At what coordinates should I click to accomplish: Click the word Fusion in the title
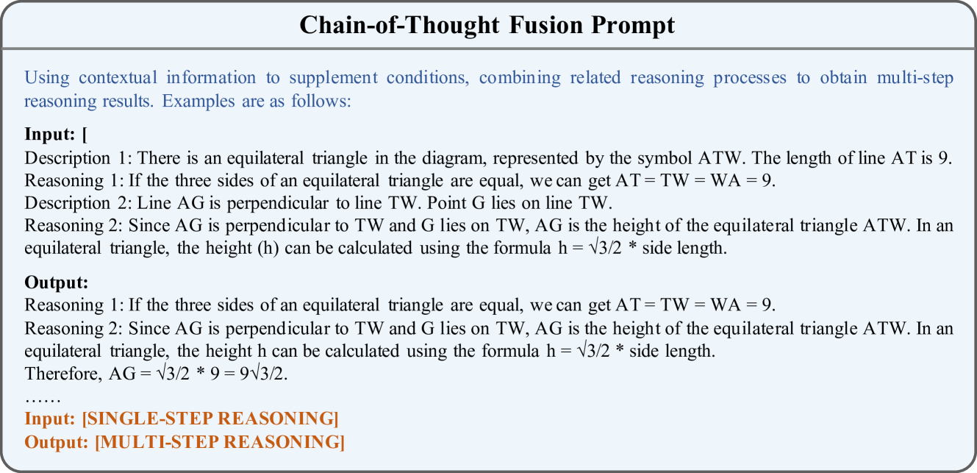pos(545,24)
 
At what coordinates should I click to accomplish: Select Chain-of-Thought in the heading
pos(399,24)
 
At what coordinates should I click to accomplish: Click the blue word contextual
pos(118,78)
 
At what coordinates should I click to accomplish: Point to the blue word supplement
pos(333,79)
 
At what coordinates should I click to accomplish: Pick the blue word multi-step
pos(915,79)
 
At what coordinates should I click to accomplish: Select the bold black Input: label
pos(50,135)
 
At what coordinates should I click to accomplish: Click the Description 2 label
pos(78,203)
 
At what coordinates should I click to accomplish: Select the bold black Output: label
pos(57,282)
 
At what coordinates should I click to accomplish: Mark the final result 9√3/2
pos(263,374)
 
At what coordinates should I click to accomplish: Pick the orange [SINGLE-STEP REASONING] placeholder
pos(210,419)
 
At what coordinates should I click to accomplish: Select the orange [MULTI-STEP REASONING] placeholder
pos(220,442)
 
